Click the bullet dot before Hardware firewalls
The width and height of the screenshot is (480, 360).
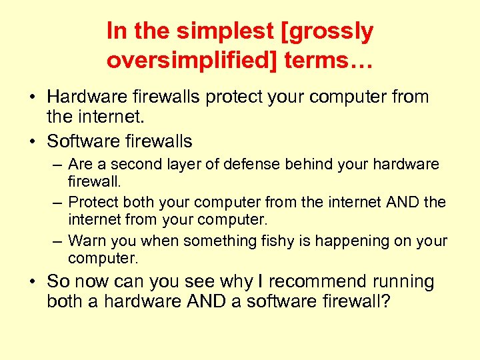point(32,97)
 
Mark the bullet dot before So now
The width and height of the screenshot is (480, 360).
point(32,283)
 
